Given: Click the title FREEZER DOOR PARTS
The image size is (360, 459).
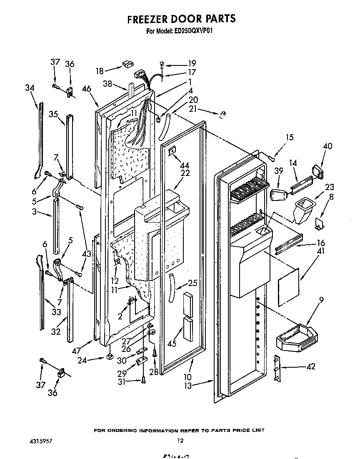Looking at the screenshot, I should [x=181, y=19].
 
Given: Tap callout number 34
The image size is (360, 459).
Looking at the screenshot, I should [x=29, y=88].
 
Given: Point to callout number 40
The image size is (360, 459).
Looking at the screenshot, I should [x=327, y=146].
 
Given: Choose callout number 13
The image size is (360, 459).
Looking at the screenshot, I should [x=188, y=386].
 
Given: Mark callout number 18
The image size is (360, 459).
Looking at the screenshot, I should [x=99, y=71].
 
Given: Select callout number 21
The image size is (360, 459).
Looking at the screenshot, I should [x=193, y=109].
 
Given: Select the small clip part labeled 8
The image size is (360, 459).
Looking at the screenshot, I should [x=320, y=223].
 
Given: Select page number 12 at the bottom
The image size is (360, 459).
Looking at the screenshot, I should [x=180, y=440].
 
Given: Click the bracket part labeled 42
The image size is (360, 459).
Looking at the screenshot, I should [x=276, y=368].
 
